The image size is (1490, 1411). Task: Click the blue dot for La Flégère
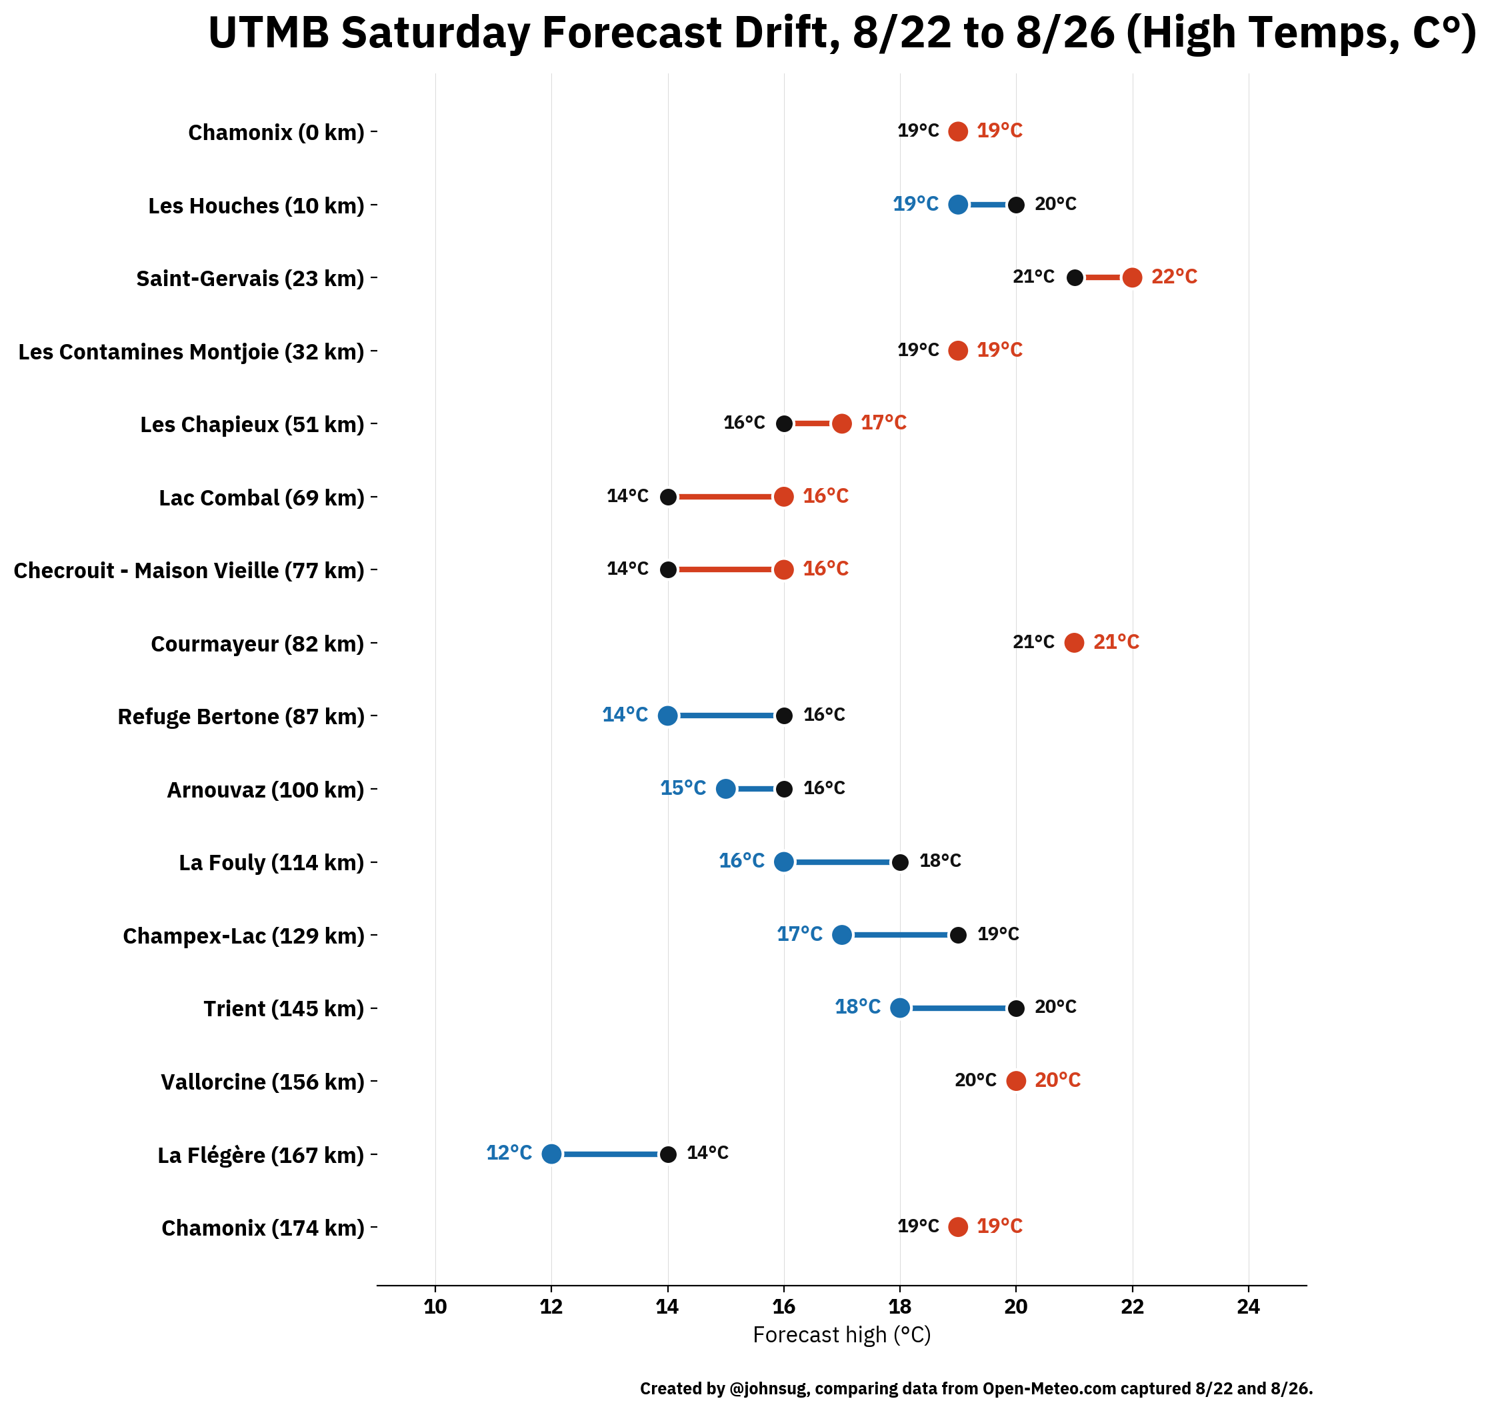click(551, 1154)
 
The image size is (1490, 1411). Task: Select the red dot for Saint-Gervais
click(1132, 277)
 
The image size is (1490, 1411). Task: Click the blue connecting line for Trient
click(958, 1008)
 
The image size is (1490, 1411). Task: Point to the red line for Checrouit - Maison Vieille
click(725, 569)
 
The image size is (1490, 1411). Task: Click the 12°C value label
click(509, 1152)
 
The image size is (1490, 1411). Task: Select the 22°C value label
click(1174, 277)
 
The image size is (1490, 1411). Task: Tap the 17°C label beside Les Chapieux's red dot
click(883, 423)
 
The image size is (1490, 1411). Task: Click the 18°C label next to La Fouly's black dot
click(940, 860)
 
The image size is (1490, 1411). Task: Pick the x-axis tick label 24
click(1248, 1306)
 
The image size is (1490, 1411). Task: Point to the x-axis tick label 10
click(435, 1306)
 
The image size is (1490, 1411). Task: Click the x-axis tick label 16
click(783, 1306)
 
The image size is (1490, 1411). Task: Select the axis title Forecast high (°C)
click(842, 1335)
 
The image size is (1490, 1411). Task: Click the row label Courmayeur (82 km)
click(257, 644)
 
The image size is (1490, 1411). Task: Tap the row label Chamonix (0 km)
click(276, 133)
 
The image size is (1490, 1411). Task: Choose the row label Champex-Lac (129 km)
click(243, 936)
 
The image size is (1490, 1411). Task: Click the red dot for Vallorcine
click(1015, 1081)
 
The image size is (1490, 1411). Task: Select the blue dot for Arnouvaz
click(725, 789)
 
